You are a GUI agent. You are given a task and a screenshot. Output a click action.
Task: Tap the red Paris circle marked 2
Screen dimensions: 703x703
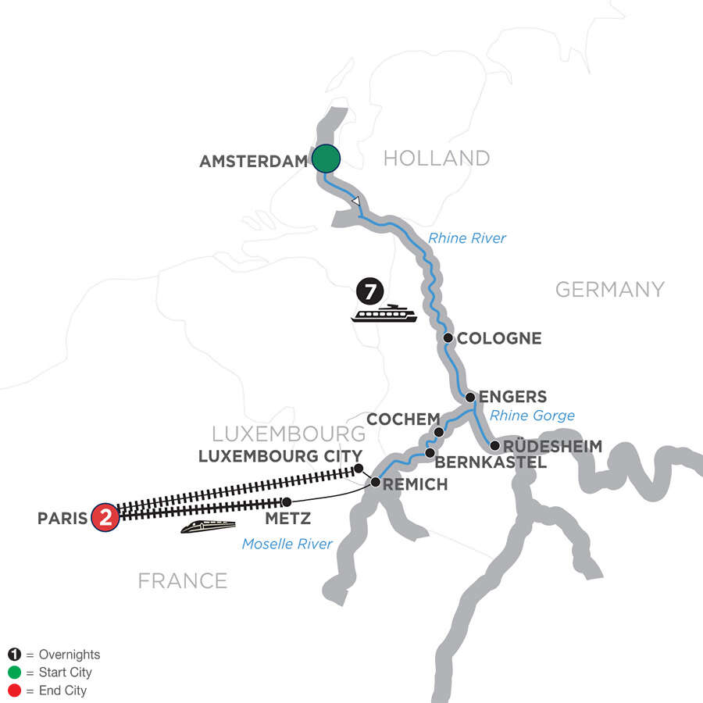pos(105,518)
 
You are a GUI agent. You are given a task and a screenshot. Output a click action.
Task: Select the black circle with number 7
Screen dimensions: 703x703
pos(370,292)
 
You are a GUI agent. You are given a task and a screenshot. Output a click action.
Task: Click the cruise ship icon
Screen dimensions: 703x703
pos(384,314)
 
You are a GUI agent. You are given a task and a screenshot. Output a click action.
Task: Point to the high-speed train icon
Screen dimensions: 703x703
pos(209,527)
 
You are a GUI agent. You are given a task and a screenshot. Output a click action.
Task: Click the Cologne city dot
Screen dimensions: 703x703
pos(448,338)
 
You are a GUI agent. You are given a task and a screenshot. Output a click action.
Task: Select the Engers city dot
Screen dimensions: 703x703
pos(470,398)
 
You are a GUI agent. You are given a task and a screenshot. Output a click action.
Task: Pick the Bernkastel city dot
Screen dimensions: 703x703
pos(429,452)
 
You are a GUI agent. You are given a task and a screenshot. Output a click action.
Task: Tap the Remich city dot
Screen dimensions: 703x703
pos(376,483)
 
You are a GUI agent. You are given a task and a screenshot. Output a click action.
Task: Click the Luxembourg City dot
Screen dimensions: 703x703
pos(359,469)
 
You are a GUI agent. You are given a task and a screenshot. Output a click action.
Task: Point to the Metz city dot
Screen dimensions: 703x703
pos(287,501)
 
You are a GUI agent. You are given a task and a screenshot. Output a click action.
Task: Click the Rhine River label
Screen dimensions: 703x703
pos(468,238)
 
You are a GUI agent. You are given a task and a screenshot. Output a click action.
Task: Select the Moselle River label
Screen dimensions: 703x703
pos(287,544)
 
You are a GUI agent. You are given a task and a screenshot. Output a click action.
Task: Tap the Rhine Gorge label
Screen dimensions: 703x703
pos(532,416)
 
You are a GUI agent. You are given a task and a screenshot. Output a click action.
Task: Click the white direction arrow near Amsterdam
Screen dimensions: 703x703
pos(355,202)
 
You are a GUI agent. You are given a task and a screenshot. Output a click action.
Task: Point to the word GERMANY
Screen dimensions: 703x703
pos(609,290)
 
